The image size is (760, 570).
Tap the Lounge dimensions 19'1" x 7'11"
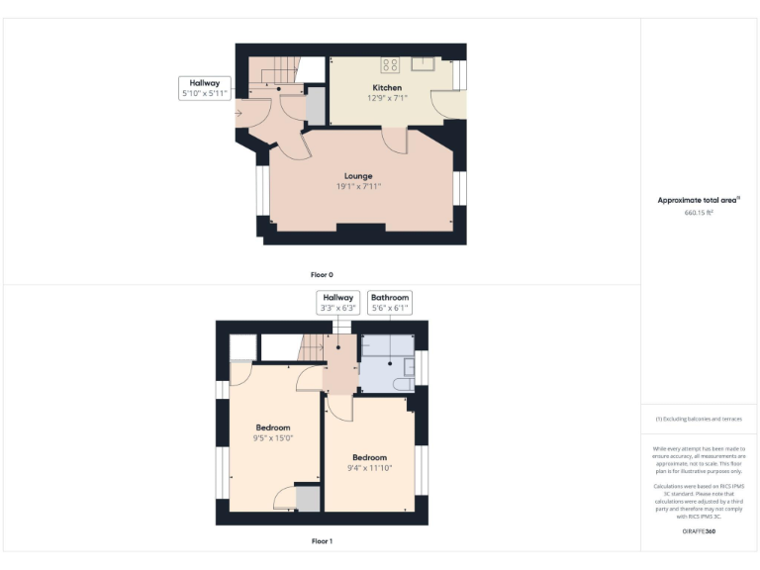click(x=358, y=186)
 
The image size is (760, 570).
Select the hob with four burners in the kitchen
click(x=390, y=65)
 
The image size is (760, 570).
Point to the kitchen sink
click(x=423, y=64)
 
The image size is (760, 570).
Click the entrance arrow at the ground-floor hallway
click(x=238, y=113)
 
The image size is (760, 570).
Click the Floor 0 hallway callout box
click(x=204, y=88)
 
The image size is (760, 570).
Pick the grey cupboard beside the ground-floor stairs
click(x=316, y=106)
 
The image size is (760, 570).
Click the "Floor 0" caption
click(x=322, y=274)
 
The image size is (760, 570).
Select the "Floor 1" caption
click(x=322, y=541)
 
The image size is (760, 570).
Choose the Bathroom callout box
click(x=389, y=302)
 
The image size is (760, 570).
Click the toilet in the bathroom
click(x=403, y=383)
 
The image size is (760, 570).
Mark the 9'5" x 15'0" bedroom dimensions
click(x=273, y=437)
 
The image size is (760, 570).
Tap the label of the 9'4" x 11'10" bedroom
click(x=369, y=457)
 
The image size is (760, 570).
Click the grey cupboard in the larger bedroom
click(x=308, y=499)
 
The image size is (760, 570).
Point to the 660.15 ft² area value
click(x=699, y=212)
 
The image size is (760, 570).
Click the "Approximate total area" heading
click(x=698, y=200)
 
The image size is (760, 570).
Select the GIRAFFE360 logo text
click(x=699, y=532)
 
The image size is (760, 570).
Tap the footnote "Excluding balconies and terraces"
click(x=699, y=420)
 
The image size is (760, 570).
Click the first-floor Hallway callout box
click(x=336, y=302)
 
